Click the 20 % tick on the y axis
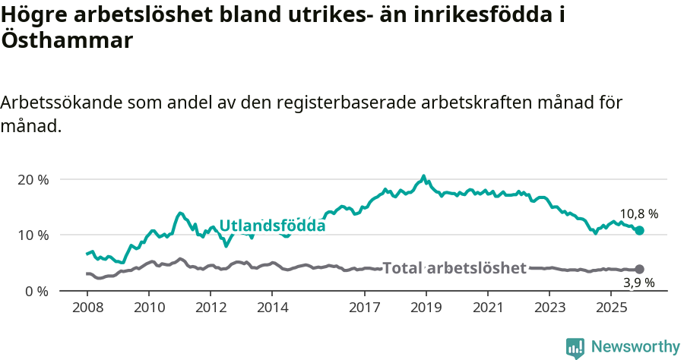[x=33, y=180]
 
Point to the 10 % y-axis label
[x=33, y=235]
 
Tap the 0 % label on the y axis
[x=36, y=291]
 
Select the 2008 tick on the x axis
[x=87, y=308]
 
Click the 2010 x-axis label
[x=148, y=308]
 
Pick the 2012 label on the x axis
[x=211, y=308]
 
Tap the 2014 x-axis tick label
[x=272, y=308]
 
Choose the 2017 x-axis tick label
[x=365, y=308]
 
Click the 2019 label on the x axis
[x=426, y=308]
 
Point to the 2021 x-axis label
[x=489, y=308]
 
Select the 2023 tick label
[x=550, y=308]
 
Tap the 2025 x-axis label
[x=612, y=308]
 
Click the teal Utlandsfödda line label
[x=272, y=226]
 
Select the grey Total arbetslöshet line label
[x=454, y=268]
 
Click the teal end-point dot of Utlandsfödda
[x=639, y=230]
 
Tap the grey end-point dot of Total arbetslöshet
[x=639, y=269]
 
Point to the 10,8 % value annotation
[x=638, y=214]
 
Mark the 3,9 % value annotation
[x=638, y=283]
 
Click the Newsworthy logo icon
[x=575, y=347]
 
